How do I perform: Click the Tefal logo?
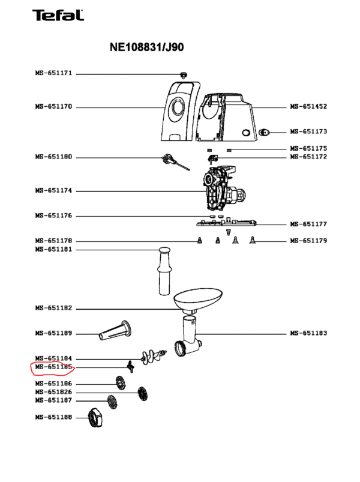click(x=59, y=16)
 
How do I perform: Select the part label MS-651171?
click(x=53, y=73)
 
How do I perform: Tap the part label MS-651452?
click(x=308, y=107)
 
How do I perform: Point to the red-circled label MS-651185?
click(x=53, y=367)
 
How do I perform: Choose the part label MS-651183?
click(x=308, y=333)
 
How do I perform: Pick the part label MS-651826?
click(x=53, y=392)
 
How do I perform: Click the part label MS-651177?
click(x=308, y=224)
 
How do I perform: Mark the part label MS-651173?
click(x=308, y=131)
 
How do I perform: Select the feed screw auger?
click(x=153, y=358)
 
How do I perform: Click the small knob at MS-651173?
click(x=265, y=131)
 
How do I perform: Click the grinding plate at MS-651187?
click(x=111, y=401)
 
